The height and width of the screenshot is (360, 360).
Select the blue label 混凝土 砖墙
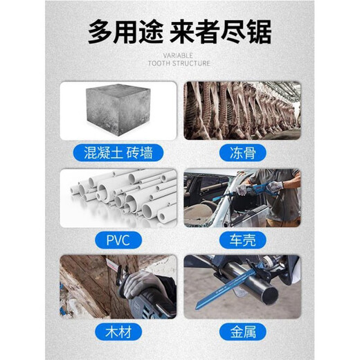[x=117, y=152]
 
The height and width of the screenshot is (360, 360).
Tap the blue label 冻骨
[x=242, y=152]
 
